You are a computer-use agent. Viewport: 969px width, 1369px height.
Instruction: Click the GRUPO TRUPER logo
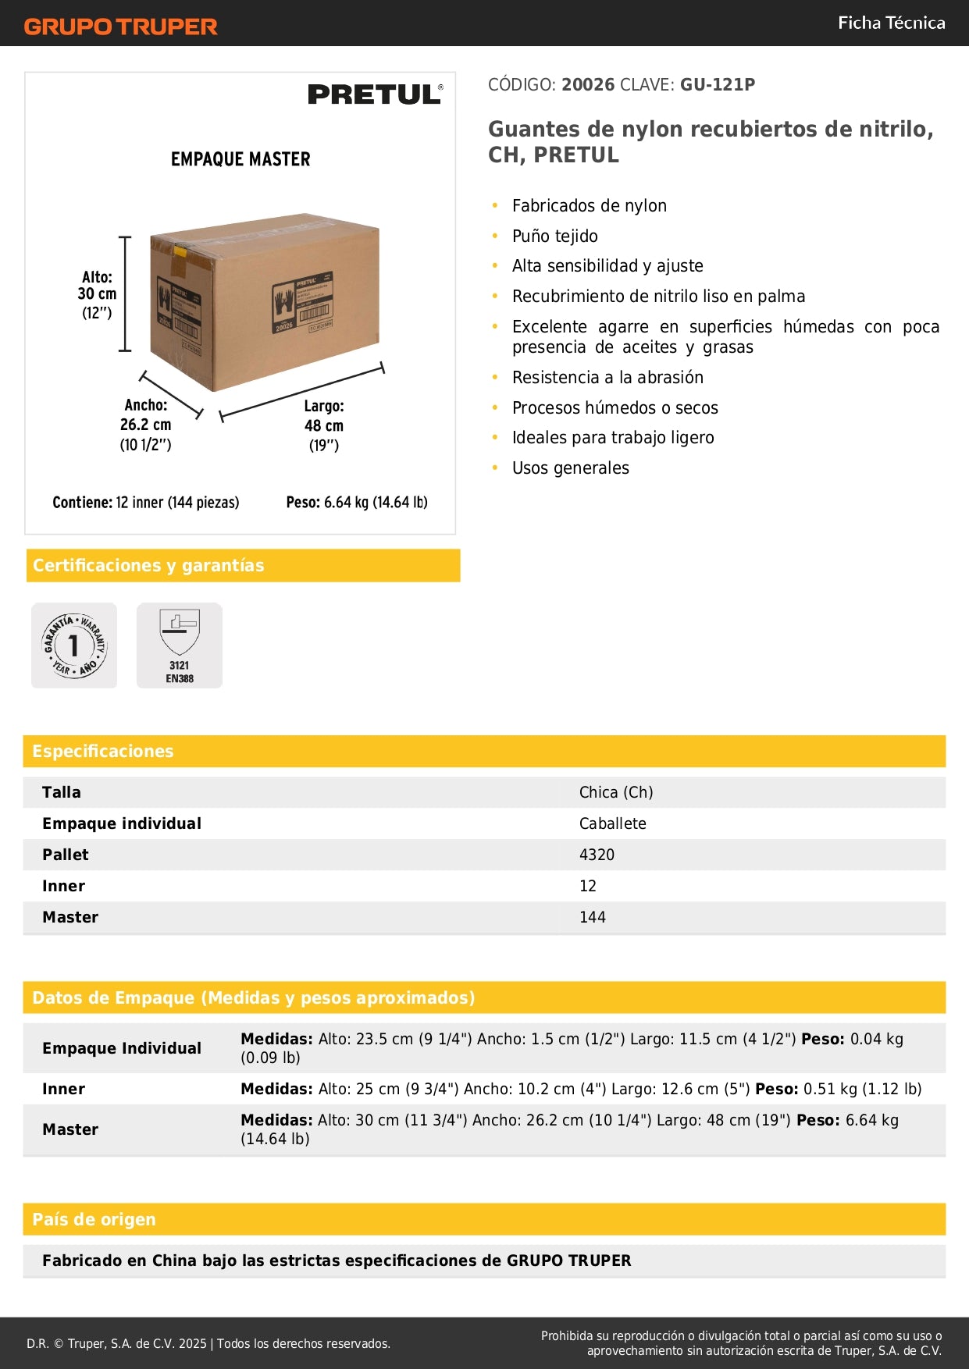(x=120, y=27)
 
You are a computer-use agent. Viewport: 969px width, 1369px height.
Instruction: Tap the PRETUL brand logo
(x=375, y=94)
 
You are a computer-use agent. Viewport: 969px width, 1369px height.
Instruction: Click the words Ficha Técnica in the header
(x=891, y=23)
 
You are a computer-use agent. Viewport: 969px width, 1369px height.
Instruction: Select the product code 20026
(x=588, y=84)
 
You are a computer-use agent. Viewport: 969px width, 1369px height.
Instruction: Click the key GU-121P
(x=718, y=84)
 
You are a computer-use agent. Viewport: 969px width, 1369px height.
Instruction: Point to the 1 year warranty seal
(x=74, y=645)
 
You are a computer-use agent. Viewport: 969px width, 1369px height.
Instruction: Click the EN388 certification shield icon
(x=180, y=645)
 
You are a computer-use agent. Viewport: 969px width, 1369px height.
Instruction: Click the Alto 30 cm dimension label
(x=97, y=295)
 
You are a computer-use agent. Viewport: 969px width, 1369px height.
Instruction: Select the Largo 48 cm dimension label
(x=324, y=425)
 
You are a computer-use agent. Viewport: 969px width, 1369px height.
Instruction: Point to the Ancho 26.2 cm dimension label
(x=145, y=425)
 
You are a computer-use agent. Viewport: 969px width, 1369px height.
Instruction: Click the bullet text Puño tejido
(x=554, y=236)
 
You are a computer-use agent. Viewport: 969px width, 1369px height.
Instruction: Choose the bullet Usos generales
(x=570, y=468)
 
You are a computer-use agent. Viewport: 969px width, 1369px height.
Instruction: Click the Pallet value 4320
(x=597, y=855)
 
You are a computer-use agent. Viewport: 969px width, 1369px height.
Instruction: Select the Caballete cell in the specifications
(x=612, y=823)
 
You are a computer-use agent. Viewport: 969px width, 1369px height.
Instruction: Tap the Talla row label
(x=62, y=792)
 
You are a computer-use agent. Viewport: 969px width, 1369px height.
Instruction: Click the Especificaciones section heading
(x=103, y=751)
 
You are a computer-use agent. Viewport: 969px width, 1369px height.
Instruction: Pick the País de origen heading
(x=94, y=1219)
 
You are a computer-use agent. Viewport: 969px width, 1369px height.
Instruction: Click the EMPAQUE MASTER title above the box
(x=240, y=159)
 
